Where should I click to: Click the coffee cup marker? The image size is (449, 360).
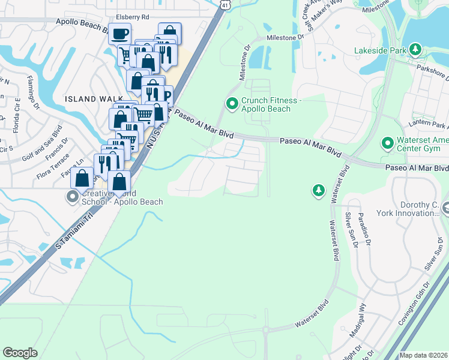click(119, 33)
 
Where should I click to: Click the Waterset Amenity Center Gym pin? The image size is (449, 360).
click(388, 143)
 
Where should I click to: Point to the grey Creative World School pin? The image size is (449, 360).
click(73, 197)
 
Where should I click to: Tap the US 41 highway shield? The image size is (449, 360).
click(224, 4)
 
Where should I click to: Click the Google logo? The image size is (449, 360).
click(20, 352)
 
